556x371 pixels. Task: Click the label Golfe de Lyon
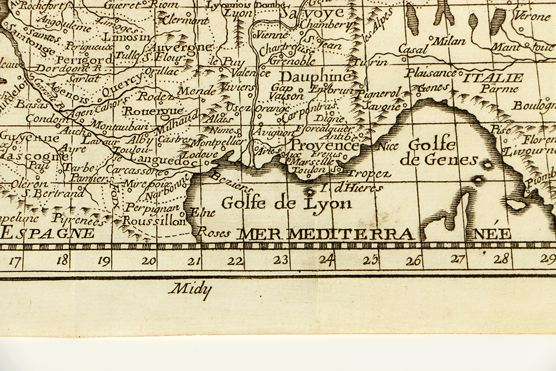pos(286,202)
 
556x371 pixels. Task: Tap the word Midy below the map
pos(190,288)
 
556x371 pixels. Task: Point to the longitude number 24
pos(326,259)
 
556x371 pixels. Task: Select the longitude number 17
pos(15,260)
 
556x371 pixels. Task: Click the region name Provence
pos(325,146)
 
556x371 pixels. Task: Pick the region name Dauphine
pos(316,77)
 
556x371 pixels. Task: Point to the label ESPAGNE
pos(47,233)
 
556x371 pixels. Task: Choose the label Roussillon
pos(153,221)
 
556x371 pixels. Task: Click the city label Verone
pos(532,17)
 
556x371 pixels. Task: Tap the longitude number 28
pos(502,259)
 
